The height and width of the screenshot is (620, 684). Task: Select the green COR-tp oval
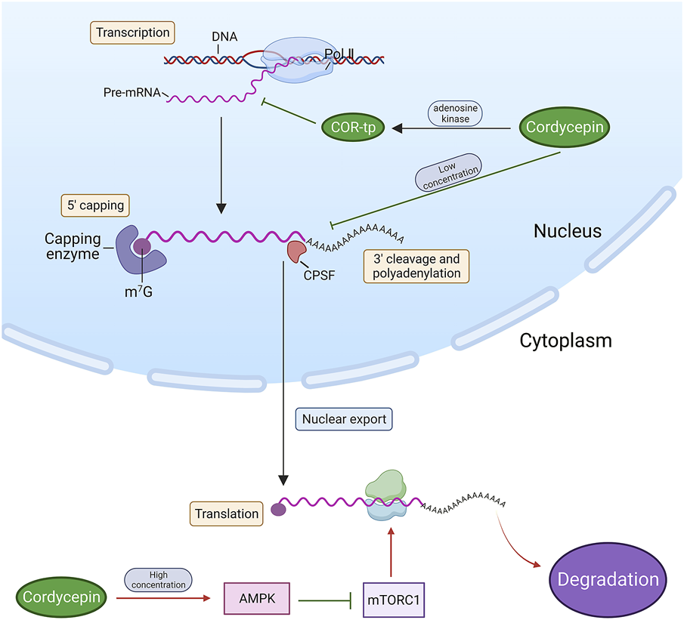point(353,128)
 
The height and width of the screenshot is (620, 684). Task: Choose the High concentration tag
point(158,580)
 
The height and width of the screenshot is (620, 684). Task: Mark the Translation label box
point(227,514)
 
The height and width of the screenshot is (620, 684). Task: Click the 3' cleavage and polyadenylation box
point(416,264)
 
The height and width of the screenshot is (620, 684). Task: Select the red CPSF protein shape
point(296,250)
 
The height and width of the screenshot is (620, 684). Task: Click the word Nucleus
point(567,231)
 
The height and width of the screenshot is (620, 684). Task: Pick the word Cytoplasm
point(565,341)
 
